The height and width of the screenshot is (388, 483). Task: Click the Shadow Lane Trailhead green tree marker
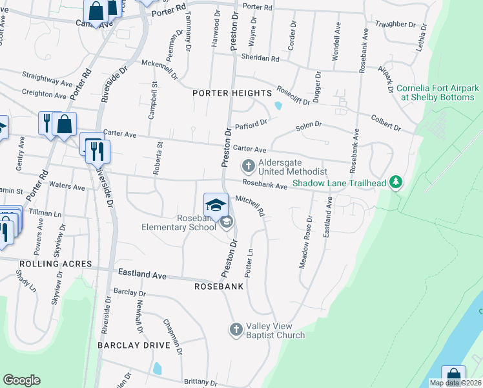tap(397, 184)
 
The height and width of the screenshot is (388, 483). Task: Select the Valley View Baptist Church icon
tap(236, 330)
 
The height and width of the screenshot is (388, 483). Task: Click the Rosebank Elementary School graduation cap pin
tap(216, 205)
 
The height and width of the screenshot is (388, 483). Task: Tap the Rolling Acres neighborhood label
tap(46, 264)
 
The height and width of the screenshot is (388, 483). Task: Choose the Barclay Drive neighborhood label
tap(134, 345)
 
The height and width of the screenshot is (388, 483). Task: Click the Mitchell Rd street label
tap(251, 206)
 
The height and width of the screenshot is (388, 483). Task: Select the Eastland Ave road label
tap(141, 275)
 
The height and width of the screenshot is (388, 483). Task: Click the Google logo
tap(21, 380)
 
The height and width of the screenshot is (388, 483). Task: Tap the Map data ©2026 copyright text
tap(455, 383)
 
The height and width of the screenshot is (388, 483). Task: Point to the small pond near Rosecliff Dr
tap(278, 105)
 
